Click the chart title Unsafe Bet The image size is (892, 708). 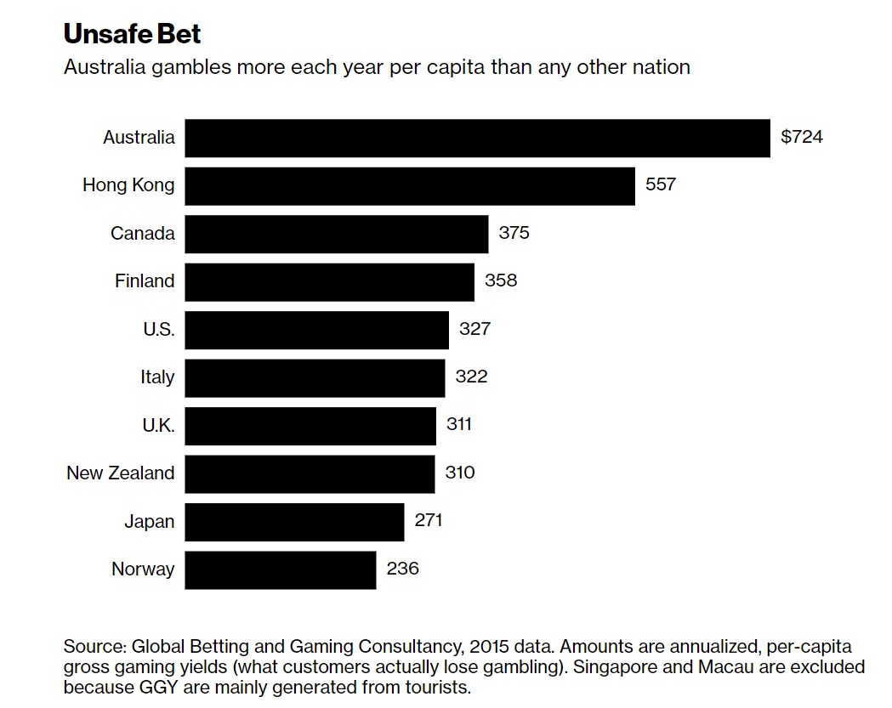(x=132, y=35)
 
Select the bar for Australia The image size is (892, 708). (x=476, y=138)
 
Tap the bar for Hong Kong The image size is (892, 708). (x=409, y=185)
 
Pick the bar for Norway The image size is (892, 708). (x=280, y=569)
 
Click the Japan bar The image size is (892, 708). (x=294, y=522)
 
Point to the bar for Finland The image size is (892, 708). (x=329, y=281)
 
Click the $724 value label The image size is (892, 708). (x=802, y=137)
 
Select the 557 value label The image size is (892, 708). (x=661, y=184)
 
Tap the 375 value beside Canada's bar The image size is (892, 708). (x=514, y=233)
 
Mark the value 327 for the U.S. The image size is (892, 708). (x=474, y=329)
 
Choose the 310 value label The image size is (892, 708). (x=459, y=473)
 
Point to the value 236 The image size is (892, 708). (x=402, y=569)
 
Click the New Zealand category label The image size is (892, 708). (x=120, y=473)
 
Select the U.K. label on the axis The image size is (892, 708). (x=158, y=425)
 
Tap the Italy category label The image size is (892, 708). (x=157, y=377)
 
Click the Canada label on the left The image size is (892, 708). (x=142, y=233)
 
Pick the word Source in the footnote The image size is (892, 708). (x=93, y=646)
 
